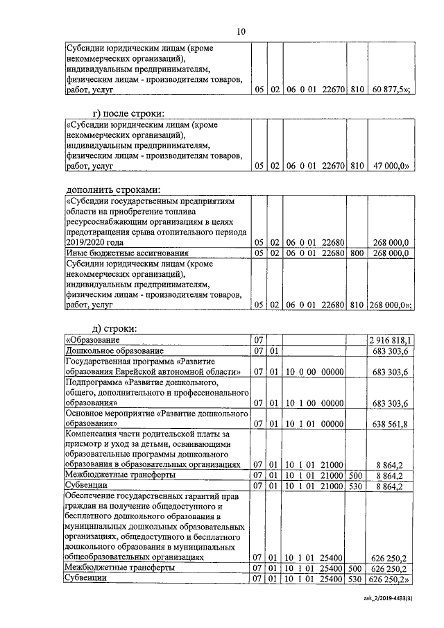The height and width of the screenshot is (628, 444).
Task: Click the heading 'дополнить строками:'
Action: point(112,189)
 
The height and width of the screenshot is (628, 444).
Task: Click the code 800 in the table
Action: point(357,254)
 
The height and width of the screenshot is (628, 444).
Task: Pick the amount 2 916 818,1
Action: point(391,340)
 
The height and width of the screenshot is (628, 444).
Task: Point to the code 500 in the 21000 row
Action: point(357,475)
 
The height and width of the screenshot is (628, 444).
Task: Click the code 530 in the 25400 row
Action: point(357,579)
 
